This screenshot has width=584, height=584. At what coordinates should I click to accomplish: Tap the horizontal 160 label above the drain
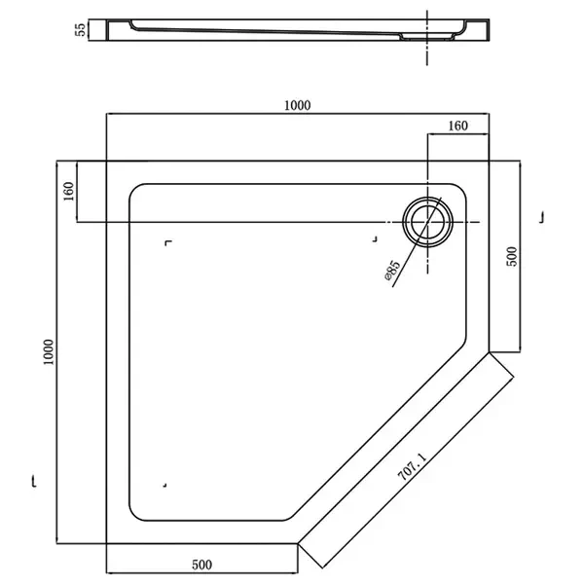pyautogui.click(x=458, y=126)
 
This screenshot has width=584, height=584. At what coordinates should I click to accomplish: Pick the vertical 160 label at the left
pyautogui.click(x=68, y=192)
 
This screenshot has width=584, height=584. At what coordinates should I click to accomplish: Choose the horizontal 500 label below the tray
pyautogui.click(x=201, y=564)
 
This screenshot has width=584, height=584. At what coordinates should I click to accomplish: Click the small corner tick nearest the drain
pyautogui.click(x=376, y=237)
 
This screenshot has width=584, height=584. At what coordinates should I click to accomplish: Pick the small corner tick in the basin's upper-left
pyautogui.click(x=169, y=242)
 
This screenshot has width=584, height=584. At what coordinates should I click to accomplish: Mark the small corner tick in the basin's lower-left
pyautogui.click(x=166, y=484)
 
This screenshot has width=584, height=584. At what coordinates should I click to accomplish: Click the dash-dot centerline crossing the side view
pyautogui.click(x=427, y=35)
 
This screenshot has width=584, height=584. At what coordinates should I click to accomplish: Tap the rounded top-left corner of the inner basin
pyautogui.click(x=136, y=192)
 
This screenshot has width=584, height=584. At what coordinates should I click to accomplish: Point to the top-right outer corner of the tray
pyautogui.click(x=488, y=161)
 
